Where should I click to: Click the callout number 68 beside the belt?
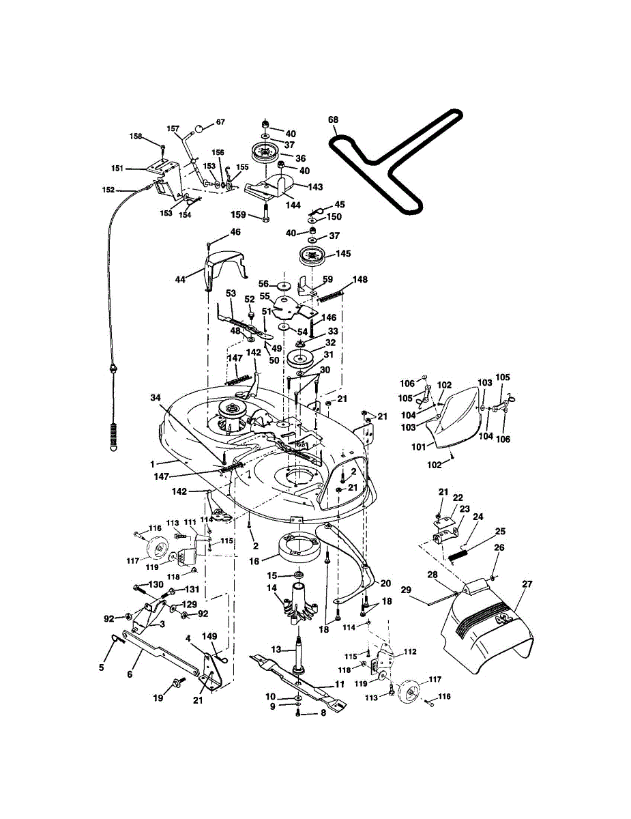pos(333,120)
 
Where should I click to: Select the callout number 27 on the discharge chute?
pos(527,584)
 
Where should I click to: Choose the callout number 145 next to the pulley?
pos(342,253)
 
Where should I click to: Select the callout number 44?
pos(180,279)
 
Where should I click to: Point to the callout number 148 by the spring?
pos(360,279)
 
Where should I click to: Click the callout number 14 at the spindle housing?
pos(272,588)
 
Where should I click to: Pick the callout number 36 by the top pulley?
pos(300,158)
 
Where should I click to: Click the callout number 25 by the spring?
pos(500,531)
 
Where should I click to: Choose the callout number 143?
pos(315,186)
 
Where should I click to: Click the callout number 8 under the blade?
pos(323,714)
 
